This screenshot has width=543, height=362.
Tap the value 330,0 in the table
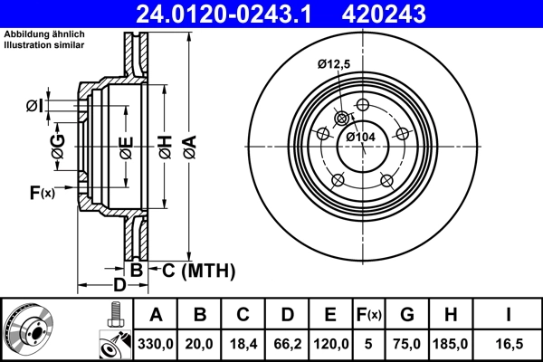[x=156, y=343]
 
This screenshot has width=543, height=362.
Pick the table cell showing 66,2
[x=287, y=343]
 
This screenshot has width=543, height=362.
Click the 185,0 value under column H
[x=450, y=343]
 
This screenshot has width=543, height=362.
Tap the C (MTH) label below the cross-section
[x=198, y=270]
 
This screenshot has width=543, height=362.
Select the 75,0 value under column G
[x=406, y=343]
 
